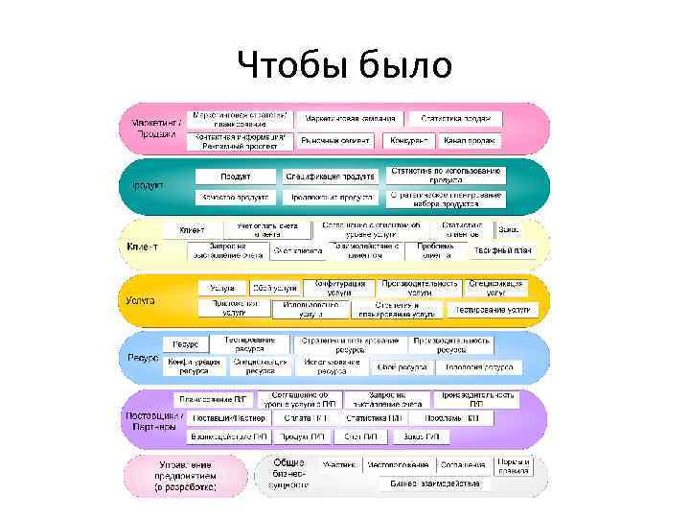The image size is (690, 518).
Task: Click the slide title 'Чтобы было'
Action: pyautogui.click(x=345, y=65)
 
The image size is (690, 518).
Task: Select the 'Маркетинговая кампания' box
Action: pyautogui.click(x=351, y=119)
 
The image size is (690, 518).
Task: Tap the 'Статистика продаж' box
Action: pyautogui.click(x=456, y=119)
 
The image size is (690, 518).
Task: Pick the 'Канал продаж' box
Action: pyautogui.click(x=470, y=141)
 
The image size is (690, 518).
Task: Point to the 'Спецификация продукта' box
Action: pyautogui.click(x=330, y=177)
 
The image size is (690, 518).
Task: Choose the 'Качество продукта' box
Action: pyautogui.click(x=233, y=197)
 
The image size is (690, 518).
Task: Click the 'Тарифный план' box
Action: pyautogui.click(x=502, y=250)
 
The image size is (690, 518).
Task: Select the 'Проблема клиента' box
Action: pyautogui.click(x=436, y=250)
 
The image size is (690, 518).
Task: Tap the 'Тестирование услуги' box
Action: pyautogui.click(x=494, y=310)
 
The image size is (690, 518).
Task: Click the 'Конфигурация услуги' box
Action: pyautogui.click(x=338, y=288)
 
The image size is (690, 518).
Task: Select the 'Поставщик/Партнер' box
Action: pyautogui.click(x=229, y=418)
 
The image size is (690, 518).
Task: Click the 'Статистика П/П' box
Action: pyautogui.click(x=374, y=418)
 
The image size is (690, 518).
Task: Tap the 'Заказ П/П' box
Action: pyautogui.click(x=422, y=436)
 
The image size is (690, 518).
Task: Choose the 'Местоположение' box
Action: pyautogui.click(x=397, y=464)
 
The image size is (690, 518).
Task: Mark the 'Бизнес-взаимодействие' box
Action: pyautogui.click(x=436, y=483)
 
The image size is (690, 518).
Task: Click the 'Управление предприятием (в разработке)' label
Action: pyautogui.click(x=186, y=476)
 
